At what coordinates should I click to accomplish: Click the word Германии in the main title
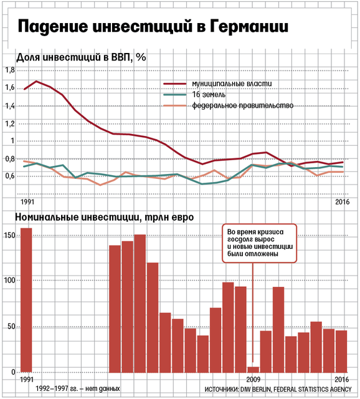pos(249,26)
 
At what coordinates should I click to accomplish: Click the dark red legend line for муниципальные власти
pos(174,84)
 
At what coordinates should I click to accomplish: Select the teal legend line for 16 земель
pos(174,94)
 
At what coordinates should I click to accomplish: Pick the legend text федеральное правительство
pos(242,105)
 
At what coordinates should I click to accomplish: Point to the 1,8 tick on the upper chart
pos(10,70)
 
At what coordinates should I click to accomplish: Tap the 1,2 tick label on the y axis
pos(10,123)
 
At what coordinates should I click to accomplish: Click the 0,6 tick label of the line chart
pos(10,176)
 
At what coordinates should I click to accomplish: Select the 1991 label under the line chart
pos(27,202)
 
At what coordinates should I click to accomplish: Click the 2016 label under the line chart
pos(342,202)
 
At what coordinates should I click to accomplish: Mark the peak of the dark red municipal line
pos(36,81)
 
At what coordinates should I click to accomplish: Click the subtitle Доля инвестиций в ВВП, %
pos(81,57)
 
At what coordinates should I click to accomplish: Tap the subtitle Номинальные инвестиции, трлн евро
pos(104,218)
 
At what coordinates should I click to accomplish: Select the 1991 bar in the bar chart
pos(26,300)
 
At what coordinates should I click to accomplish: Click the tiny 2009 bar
pos(253,370)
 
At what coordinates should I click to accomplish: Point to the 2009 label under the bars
pos(253,380)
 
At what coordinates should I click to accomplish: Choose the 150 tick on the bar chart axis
pos(10,236)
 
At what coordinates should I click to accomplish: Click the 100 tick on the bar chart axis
pos(10,281)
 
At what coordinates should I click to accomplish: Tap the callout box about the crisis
pos(259,243)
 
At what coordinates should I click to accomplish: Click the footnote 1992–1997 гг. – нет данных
pos(77,388)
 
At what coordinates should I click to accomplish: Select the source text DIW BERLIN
pos(255,389)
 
